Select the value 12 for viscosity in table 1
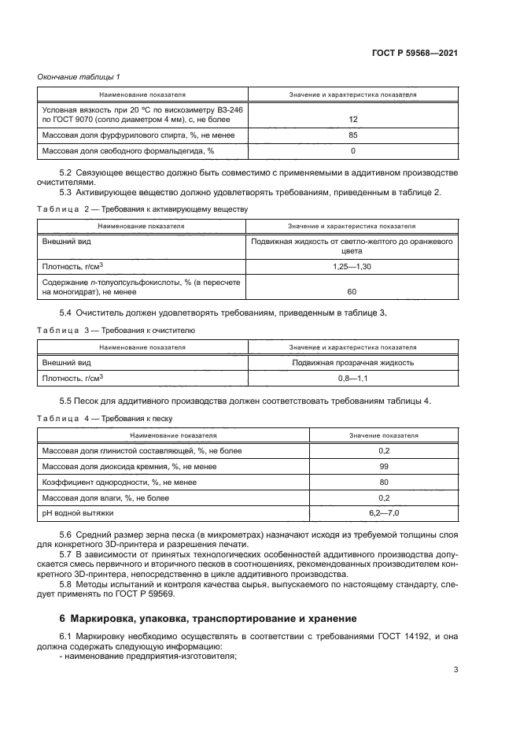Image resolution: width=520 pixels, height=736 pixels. click(352, 119)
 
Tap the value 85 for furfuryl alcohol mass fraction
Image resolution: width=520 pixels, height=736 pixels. click(352, 135)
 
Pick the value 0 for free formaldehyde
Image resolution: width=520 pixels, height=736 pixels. click(352, 150)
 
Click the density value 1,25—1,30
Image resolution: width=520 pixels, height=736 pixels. click(352, 267)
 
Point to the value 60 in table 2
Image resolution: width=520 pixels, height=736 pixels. click(352, 291)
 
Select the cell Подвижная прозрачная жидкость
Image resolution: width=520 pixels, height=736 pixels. click(352, 362)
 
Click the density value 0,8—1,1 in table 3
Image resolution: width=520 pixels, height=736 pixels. click(352, 378)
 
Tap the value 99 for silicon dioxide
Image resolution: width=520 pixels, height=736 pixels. click(384, 466)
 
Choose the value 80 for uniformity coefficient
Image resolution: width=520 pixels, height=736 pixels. click(384, 482)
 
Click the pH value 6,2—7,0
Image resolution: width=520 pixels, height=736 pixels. click(384, 512)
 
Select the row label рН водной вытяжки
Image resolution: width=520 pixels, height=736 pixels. click(77, 512)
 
